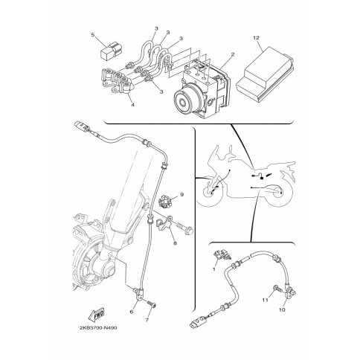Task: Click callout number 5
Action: [x=93, y=35]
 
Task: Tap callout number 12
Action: [x=256, y=38]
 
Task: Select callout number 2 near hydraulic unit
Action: [x=233, y=54]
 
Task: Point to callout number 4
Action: [x=132, y=105]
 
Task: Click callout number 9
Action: [x=181, y=195]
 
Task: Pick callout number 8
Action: [x=175, y=243]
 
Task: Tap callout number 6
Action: [x=132, y=312]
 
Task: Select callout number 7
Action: [x=147, y=320]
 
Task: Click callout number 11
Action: [x=266, y=300]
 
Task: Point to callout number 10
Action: [x=282, y=309]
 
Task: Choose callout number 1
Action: [x=214, y=269]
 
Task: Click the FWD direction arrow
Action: [x=97, y=314]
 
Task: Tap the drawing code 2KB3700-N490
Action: [x=98, y=328]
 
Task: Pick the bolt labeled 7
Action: [x=152, y=304]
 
